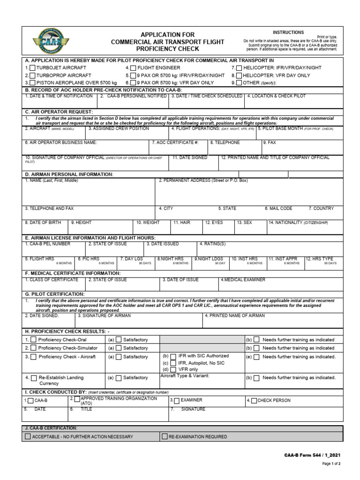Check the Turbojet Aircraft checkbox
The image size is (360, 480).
coord(32,68)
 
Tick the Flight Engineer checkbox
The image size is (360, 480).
coord(133,68)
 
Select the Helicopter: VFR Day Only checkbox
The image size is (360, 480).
coord(239,75)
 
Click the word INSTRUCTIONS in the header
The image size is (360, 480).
coord(288,32)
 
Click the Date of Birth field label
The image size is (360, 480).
coord(44,223)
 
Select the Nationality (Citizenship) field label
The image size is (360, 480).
coord(299,223)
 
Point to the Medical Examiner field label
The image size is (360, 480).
coord(243,280)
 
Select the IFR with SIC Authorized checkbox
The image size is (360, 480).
coord(173,357)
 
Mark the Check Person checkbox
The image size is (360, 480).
coord(254,401)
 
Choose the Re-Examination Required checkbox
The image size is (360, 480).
coord(165,436)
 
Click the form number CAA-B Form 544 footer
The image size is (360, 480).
coord(312,455)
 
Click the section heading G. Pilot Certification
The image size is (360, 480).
coord(55,294)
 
